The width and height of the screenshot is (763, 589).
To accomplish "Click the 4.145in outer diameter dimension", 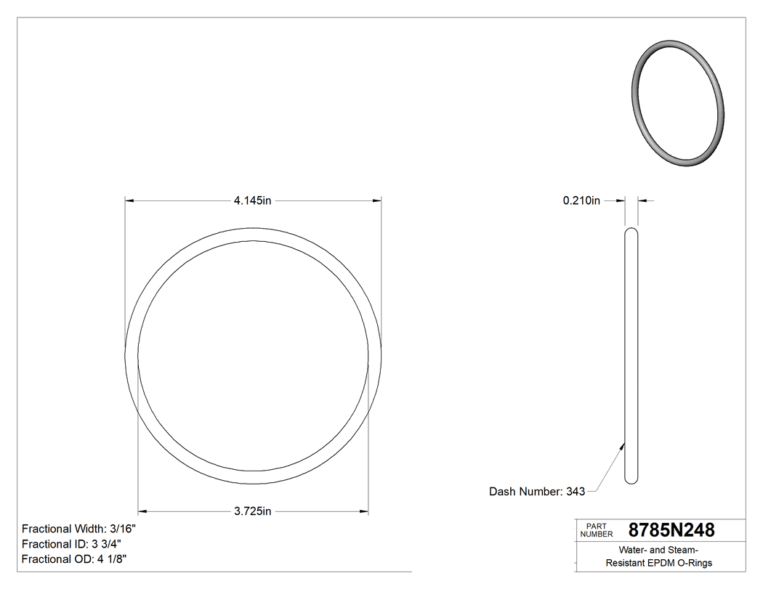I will pyautogui.click(x=252, y=201).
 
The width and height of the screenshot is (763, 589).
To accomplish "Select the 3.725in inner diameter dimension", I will pyautogui.click(x=252, y=511).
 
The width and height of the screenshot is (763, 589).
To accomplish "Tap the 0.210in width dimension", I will pyautogui.click(x=581, y=201).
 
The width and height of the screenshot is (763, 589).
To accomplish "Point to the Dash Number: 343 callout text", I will pyautogui.click(x=537, y=492).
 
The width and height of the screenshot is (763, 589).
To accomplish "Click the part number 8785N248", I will pyautogui.click(x=671, y=530).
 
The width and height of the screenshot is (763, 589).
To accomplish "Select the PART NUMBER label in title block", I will pyautogui.click(x=595, y=530).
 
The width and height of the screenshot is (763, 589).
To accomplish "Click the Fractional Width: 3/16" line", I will pyautogui.click(x=78, y=529).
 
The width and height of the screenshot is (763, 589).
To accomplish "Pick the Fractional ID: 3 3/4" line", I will pyautogui.click(x=71, y=544).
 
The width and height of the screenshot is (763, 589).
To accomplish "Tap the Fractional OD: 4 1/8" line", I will pyautogui.click(x=75, y=559).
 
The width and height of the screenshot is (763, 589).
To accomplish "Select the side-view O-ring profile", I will pyautogui.click(x=631, y=356).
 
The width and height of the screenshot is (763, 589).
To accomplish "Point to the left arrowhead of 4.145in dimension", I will pyautogui.click(x=131, y=201).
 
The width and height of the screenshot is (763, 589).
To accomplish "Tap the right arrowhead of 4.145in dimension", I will pyautogui.click(x=376, y=201).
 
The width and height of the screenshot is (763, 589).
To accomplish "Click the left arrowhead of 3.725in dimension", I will pyautogui.click(x=143, y=511).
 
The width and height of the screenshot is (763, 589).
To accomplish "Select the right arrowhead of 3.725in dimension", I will pyautogui.click(x=363, y=511).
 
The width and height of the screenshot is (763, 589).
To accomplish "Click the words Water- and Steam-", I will pyautogui.click(x=659, y=550).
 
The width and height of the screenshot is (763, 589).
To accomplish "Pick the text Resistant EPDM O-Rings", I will pyautogui.click(x=659, y=563).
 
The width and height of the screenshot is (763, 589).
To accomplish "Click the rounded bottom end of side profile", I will pyautogui.click(x=631, y=479).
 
